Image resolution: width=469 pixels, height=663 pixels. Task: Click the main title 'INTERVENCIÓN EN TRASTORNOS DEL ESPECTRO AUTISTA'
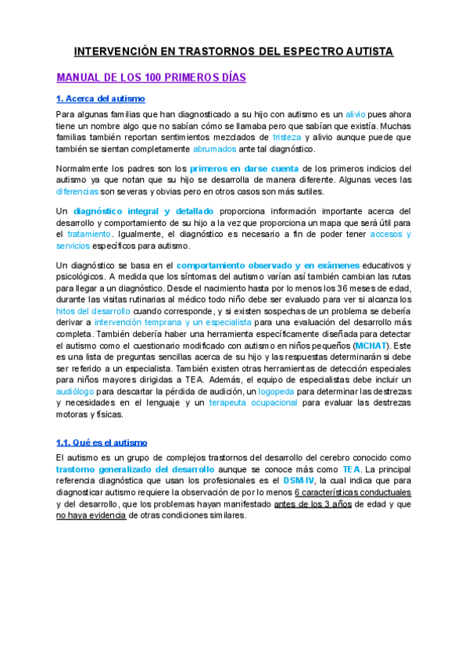[234, 52]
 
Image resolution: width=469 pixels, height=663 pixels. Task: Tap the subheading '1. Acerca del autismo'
[101, 99]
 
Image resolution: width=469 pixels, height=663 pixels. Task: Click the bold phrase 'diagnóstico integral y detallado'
[143, 211]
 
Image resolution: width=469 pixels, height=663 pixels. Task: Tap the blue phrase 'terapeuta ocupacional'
[253, 403]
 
